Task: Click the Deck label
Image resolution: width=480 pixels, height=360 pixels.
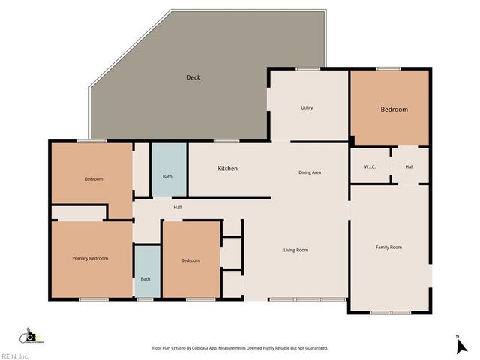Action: [193, 77]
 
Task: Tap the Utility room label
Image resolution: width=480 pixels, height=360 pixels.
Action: [307, 108]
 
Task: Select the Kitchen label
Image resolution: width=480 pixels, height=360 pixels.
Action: [227, 169]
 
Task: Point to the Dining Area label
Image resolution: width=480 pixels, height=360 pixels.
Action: [310, 173]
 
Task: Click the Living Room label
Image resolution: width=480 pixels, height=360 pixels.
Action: [295, 250]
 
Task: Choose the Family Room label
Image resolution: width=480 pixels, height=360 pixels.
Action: [388, 247]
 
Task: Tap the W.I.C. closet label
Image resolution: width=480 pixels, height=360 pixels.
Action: [369, 166]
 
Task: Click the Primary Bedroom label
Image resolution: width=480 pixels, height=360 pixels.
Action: [90, 258]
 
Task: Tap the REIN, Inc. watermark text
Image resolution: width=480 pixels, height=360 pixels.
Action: [16, 356]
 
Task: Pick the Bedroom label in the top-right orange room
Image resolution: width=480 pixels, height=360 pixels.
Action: [394, 109]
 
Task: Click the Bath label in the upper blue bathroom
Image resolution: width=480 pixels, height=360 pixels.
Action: [168, 177]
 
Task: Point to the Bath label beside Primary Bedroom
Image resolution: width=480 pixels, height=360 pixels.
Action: [145, 279]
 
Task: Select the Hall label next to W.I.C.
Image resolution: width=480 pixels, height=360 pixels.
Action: [409, 166]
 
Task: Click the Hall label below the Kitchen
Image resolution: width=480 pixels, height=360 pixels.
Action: [178, 208]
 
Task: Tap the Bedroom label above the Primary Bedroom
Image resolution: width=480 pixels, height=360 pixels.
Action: [94, 179]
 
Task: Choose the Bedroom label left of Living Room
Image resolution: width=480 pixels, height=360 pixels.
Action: [190, 260]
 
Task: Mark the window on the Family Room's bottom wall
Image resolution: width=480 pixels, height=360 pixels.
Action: [390, 312]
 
